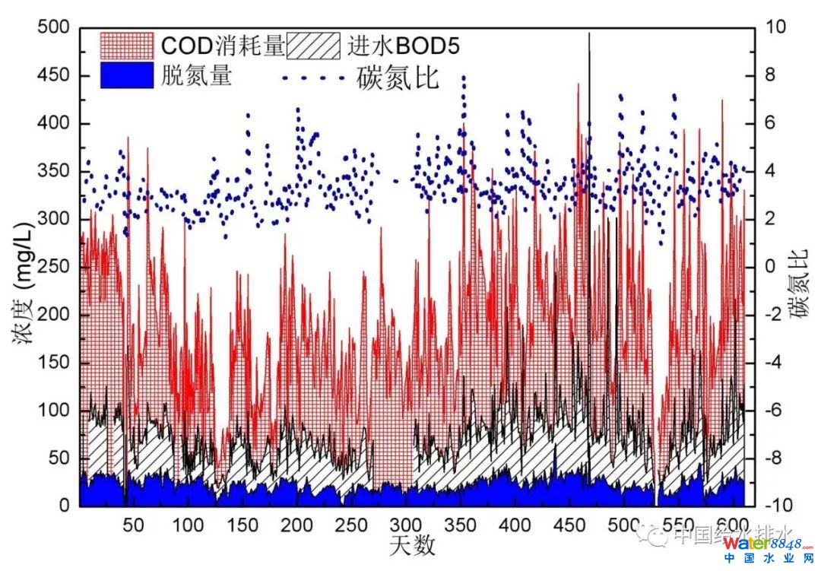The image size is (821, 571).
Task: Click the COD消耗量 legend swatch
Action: pos(127,46)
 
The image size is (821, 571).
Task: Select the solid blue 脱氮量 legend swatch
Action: pos(127,75)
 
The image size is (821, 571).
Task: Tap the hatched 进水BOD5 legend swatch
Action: pos(313,46)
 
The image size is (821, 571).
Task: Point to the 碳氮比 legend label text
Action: pos(398,78)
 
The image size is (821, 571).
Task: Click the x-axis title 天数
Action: pos(413,547)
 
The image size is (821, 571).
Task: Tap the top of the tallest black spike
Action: pos(589,33)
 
